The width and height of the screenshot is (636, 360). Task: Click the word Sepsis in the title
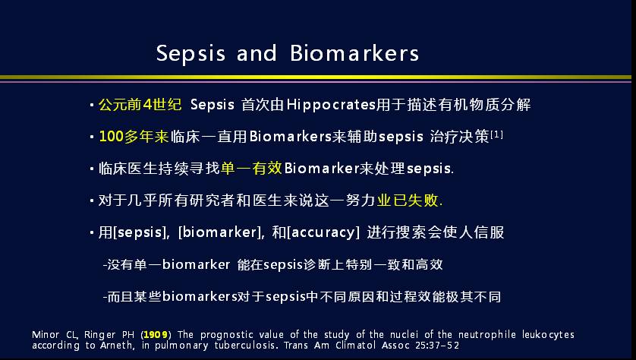click(x=190, y=54)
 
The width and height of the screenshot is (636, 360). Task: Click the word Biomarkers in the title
click(x=354, y=53)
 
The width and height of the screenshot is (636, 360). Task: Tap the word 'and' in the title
click(x=257, y=53)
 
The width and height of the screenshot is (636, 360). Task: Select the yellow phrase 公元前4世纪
click(x=140, y=105)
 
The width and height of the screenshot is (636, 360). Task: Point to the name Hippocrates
click(x=331, y=105)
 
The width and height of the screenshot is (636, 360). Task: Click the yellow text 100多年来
click(x=134, y=137)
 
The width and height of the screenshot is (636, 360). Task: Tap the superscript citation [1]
click(x=496, y=134)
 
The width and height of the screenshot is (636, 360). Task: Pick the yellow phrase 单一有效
click(x=251, y=168)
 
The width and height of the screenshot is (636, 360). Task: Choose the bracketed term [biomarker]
click(x=219, y=232)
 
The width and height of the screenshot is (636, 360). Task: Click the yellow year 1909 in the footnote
click(x=156, y=335)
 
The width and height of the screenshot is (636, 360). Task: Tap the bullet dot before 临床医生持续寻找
click(x=92, y=169)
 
